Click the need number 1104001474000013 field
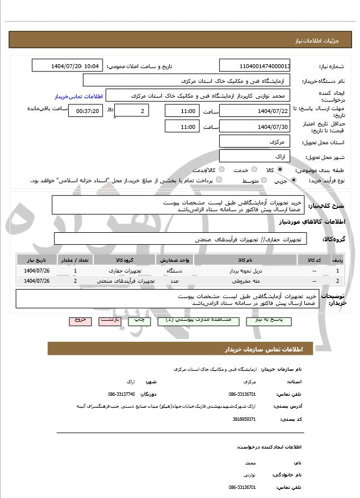(255, 66)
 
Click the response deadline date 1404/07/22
(255, 111)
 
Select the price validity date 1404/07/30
(255, 126)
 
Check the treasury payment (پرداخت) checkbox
(220, 181)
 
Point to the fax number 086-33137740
(122, 394)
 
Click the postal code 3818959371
(244, 419)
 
